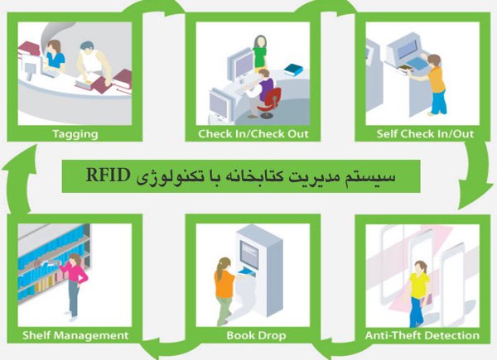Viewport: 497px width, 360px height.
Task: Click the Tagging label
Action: [x=75, y=134]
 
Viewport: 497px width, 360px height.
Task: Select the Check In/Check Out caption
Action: [x=253, y=134]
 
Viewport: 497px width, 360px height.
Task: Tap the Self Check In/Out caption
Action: [x=425, y=134]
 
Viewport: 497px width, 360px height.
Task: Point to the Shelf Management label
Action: [x=75, y=336]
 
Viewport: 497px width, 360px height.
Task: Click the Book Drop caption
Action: [x=256, y=336]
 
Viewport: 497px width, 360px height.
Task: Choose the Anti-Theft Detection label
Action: [x=422, y=336]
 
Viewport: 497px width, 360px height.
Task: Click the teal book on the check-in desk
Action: [x=293, y=70]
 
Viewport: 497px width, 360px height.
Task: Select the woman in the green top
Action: [x=260, y=52]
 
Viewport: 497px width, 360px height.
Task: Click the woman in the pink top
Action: [x=75, y=286]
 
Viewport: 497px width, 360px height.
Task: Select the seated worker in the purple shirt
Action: [x=261, y=93]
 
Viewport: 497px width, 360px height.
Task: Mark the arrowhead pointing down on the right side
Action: [x=474, y=197]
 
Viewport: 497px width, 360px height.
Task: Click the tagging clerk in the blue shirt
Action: [x=55, y=56]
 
